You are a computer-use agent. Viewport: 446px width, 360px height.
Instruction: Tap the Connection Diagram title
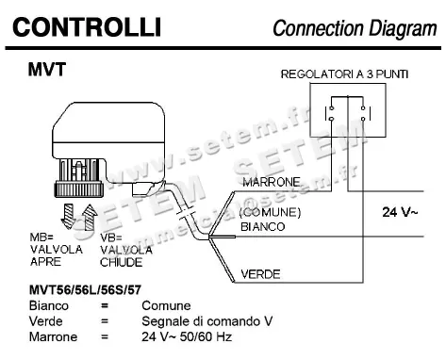pos(355,28)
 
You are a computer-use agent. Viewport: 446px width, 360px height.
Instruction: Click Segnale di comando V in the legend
pos(207,320)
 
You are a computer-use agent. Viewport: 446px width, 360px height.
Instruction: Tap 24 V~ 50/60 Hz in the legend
pos(187,335)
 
